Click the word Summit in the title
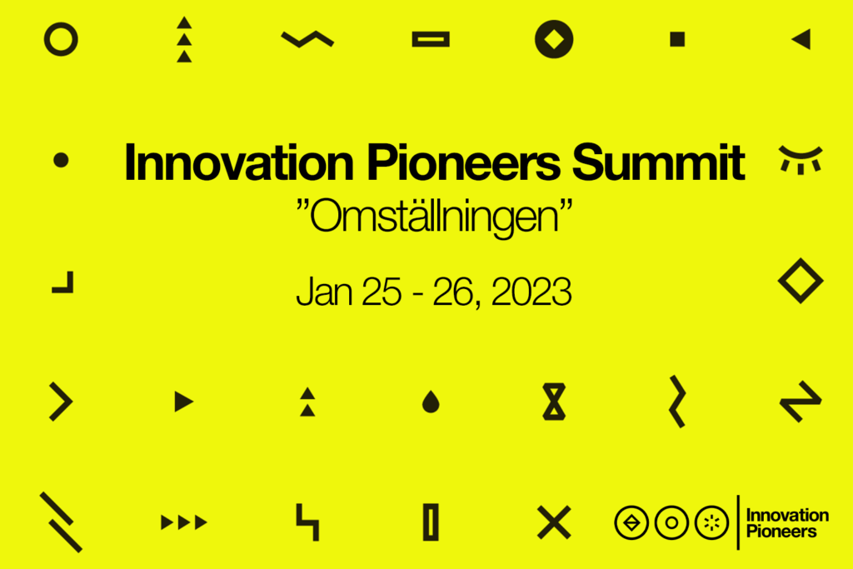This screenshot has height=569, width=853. pyautogui.click(x=658, y=162)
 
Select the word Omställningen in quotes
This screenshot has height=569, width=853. pyautogui.click(x=434, y=217)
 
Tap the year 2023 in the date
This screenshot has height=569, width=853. pyautogui.click(x=531, y=292)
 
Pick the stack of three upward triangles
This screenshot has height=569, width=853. pyautogui.click(x=184, y=39)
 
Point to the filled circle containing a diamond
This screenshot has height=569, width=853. pyautogui.click(x=554, y=39)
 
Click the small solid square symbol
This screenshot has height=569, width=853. pyautogui.click(x=677, y=39)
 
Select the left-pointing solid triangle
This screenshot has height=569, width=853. pyautogui.click(x=802, y=39)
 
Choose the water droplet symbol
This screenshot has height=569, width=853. pyautogui.click(x=431, y=402)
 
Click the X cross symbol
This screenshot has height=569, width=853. pyautogui.click(x=554, y=522)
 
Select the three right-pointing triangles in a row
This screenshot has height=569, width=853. pyautogui.click(x=184, y=522)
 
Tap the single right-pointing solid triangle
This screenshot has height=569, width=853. pyautogui.click(x=183, y=402)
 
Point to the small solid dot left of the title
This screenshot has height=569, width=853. pyautogui.click(x=61, y=160)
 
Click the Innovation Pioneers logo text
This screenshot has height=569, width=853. pyautogui.click(x=786, y=523)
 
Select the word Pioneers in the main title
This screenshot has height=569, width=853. pyautogui.click(x=464, y=162)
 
